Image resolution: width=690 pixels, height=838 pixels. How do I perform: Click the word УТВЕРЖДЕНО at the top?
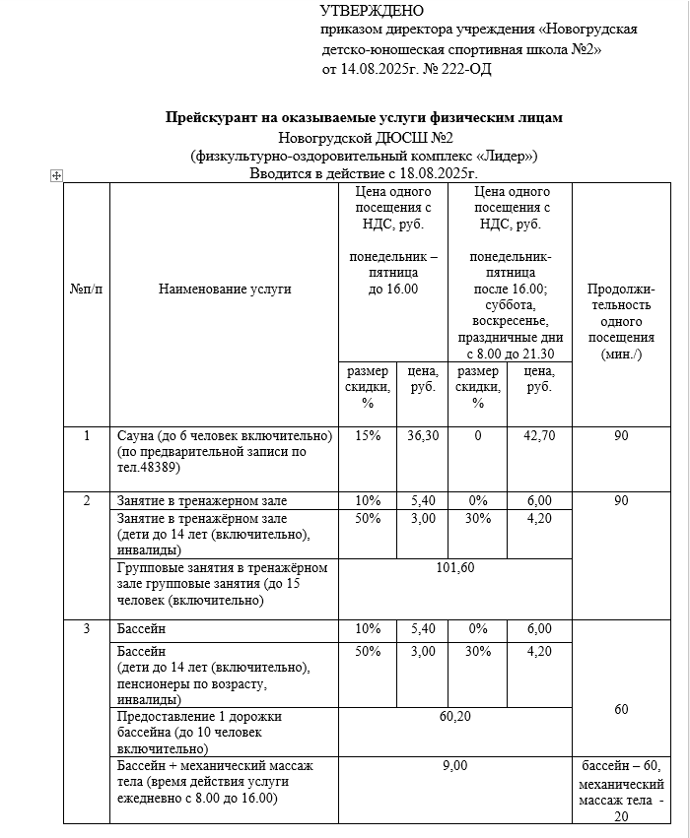coord(372,11)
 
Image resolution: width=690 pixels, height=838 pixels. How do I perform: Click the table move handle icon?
coord(56,175)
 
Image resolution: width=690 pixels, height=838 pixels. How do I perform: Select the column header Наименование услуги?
coord(224,290)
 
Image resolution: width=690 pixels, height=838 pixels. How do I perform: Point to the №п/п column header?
coord(86,290)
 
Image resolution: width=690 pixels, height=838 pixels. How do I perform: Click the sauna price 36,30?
coord(423,435)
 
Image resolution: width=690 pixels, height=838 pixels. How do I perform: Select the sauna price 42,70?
coord(539,435)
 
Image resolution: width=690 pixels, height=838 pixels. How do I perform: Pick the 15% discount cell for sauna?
coord(368,435)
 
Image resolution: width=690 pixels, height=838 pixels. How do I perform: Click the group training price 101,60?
coord(454,567)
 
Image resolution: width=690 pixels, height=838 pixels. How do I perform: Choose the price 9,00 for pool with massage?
coord(454,765)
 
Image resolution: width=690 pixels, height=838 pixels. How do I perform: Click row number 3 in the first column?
coord(86,628)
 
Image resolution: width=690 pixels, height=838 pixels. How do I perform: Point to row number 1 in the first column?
coord(86,435)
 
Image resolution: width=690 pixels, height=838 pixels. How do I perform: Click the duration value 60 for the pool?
coord(621,709)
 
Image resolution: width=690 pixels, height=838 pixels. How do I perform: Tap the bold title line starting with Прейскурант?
coord(364,117)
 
